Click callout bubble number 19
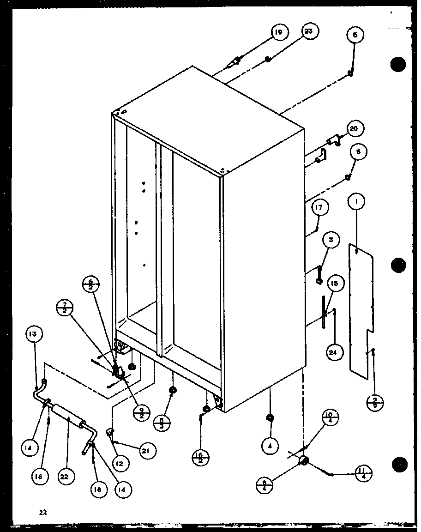coord(278,32)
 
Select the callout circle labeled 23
coord(309,31)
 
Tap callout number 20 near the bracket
coord(355,129)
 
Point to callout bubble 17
coord(319,208)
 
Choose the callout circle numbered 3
coord(331,240)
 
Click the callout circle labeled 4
coord(271,446)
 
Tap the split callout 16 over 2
coord(200,458)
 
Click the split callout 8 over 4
coord(265,484)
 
